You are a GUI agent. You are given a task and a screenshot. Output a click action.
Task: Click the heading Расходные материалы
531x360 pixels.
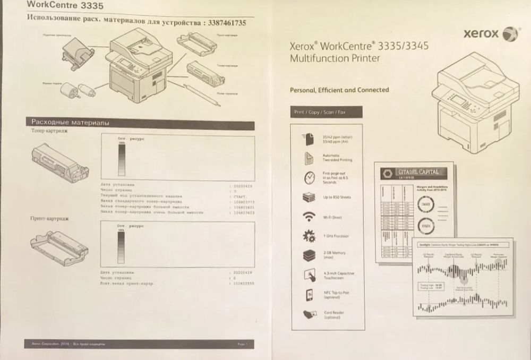pos(71,122)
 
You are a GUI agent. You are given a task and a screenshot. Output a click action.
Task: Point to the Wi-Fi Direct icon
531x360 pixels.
pos(309,217)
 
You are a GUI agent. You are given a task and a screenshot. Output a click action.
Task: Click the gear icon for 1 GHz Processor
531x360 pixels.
pos(309,236)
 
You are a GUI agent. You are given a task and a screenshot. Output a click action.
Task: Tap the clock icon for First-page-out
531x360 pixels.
pos(309,178)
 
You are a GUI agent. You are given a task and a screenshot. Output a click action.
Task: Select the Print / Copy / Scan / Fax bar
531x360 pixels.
pos(327,113)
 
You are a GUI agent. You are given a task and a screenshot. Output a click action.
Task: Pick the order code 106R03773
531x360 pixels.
pos(244,202)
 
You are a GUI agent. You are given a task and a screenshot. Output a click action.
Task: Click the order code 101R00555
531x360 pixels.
pos(244,284)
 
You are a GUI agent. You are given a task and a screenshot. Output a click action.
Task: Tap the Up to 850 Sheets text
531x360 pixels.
pos(337,198)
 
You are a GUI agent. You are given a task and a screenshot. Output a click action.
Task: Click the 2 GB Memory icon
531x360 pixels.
pos(309,255)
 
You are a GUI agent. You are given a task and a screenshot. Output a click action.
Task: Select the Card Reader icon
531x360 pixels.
pos(309,314)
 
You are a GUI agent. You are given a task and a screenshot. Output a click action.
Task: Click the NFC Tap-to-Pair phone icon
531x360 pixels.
pos(309,294)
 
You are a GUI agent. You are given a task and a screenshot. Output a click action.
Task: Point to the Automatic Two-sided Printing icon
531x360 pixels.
pos(309,158)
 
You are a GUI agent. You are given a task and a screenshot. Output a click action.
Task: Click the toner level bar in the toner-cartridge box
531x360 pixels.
pos(122,160)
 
